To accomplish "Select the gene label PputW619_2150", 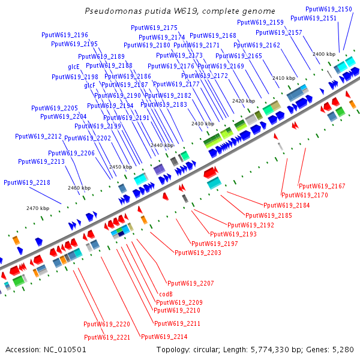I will pos(329,10).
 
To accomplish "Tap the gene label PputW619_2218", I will pos(27,182).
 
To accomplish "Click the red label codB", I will pos(166,294).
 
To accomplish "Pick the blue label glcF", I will pos(90,85).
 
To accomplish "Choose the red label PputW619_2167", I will pos(322,186).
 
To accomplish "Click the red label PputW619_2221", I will pos(107,337).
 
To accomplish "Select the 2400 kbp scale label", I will pos(323,54).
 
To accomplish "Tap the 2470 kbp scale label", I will pos(37,208).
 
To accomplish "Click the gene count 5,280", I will pos(343,349).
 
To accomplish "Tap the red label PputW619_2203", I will pos(198,253).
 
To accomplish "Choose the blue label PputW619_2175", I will pos(154,28).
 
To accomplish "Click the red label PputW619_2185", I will pos(269,215).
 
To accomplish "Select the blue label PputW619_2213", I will pos(41,161).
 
